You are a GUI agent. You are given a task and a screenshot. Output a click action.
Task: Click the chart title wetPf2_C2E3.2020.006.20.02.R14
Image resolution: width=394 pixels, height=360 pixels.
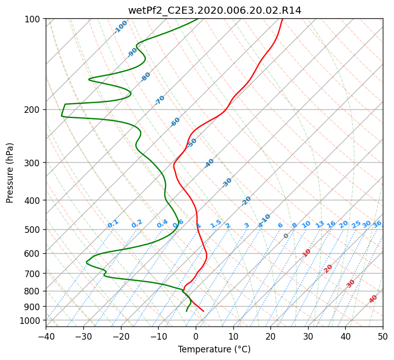tap(215, 11)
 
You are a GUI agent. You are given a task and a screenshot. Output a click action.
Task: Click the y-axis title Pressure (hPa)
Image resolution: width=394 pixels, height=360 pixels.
tap(10, 173)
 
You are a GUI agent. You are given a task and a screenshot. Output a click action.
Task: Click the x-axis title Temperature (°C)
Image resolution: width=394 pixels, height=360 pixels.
tap(215, 349)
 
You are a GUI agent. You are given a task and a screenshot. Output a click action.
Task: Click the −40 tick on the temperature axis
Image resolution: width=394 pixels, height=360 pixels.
tap(46, 336)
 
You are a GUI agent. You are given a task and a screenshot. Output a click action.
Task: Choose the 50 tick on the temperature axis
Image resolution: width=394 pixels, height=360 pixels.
tap(383, 336)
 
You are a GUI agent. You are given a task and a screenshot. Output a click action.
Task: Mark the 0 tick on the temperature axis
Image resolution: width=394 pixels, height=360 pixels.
tap(196, 336)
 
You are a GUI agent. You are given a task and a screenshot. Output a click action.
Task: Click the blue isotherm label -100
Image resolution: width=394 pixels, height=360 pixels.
tap(120, 27)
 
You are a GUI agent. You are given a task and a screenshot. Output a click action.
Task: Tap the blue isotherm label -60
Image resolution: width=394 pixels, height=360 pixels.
tap(175, 122)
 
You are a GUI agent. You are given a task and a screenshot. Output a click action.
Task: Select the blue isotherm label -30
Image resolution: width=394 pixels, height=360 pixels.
tap(227, 183)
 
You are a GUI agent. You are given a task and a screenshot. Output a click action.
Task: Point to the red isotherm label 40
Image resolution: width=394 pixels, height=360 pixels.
tap(373, 299)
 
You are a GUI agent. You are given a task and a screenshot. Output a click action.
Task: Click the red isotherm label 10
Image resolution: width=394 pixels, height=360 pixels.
tap(307, 253)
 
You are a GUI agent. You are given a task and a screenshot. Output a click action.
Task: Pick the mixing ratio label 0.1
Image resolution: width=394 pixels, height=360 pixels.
tap(113, 224)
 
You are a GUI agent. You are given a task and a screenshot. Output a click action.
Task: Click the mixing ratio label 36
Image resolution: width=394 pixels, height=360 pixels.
tap(377, 224)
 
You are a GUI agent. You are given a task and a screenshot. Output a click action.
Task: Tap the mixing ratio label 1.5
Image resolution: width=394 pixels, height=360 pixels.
tap(216, 224)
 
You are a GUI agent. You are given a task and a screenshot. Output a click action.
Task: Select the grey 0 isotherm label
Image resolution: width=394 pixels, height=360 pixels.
tap(286, 236)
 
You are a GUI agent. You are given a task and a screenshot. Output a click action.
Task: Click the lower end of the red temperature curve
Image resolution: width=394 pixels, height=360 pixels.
tap(203, 311)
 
